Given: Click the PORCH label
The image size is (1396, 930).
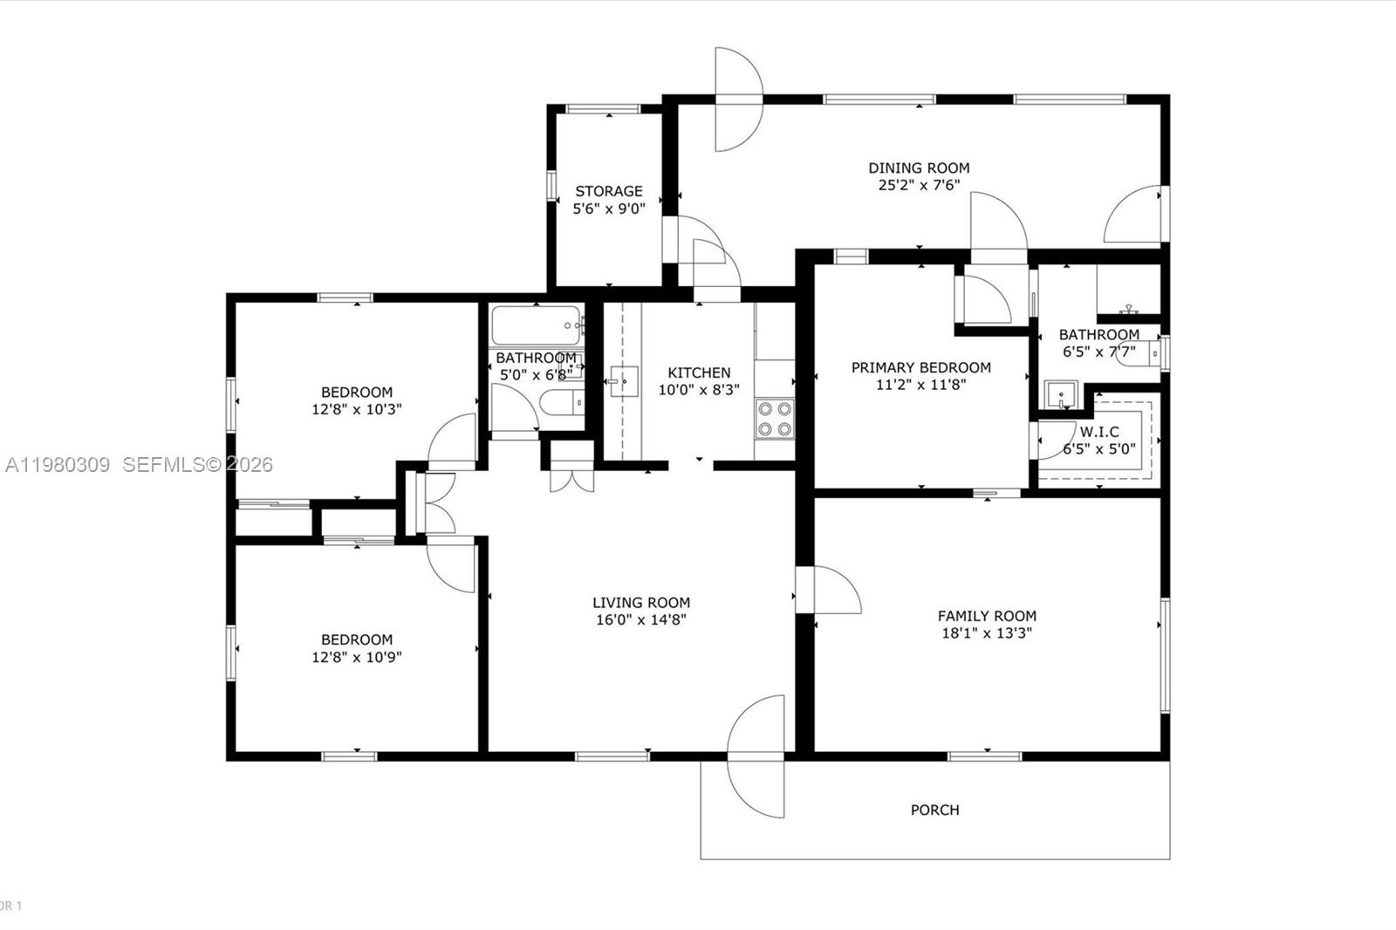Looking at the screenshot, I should pyautogui.click(x=934, y=810).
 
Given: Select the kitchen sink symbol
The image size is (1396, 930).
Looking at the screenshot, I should pyautogui.click(x=624, y=381).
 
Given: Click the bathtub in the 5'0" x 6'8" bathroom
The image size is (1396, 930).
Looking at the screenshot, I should pyautogui.click(x=536, y=325).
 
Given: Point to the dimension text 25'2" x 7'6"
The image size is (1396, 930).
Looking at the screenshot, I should pyautogui.click(x=919, y=185).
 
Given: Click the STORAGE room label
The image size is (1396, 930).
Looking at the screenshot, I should pyautogui.click(x=608, y=191).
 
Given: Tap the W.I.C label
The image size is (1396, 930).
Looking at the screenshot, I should pyautogui.click(x=1098, y=432).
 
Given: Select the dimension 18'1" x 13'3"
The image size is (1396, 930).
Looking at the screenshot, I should pyautogui.click(x=987, y=633).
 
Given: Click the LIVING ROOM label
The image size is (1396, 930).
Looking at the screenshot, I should pyautogui.click(x=641, y=602).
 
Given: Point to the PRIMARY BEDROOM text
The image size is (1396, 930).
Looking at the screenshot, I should pyautogui.click(x=920, y=367).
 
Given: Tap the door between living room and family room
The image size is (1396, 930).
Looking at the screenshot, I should pyautogui.click(x=829, y=590).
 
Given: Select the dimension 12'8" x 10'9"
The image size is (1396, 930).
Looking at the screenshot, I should pyautogui.click(x=356, y=657).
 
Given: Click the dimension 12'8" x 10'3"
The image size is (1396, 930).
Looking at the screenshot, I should pyautogui.click(x=356, y=409).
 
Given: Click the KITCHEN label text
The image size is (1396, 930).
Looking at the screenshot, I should pyautogui.click(x=699, y=373).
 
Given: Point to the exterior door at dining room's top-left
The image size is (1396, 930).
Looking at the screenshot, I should pyautogui.click(x=737, y=99).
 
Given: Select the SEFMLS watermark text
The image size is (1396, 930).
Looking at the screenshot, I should pyautogui.click(x=197, y=465).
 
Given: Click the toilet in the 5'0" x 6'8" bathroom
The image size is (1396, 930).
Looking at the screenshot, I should pyautogui.click(x=558, y=403).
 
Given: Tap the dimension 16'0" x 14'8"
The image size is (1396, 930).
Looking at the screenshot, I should pyautogui.click(x=641, y=620).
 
